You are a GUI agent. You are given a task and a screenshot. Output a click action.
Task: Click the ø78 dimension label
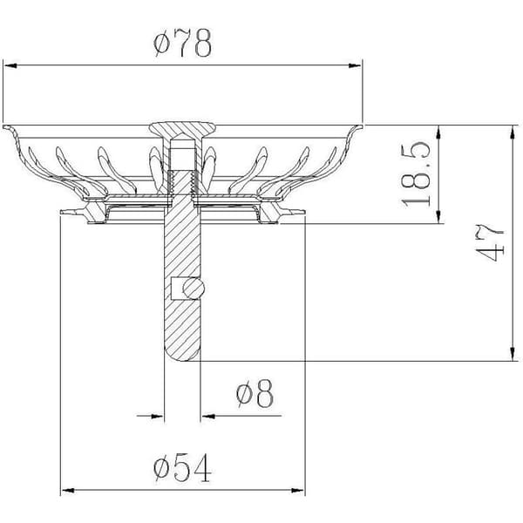(182, 43)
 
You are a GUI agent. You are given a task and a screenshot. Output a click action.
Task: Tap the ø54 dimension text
(182, 467)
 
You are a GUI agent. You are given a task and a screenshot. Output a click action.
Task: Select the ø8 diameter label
(255, 394)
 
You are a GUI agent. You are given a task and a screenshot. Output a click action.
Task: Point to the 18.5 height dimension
(416, 174)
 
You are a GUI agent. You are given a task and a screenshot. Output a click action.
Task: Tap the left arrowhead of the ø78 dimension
(10, 65)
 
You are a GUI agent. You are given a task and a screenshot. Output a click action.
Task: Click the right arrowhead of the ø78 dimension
(355, 65)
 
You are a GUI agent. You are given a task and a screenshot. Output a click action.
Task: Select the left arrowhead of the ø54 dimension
(68, 491)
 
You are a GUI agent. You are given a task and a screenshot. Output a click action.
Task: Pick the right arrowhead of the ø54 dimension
(297, 491)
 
